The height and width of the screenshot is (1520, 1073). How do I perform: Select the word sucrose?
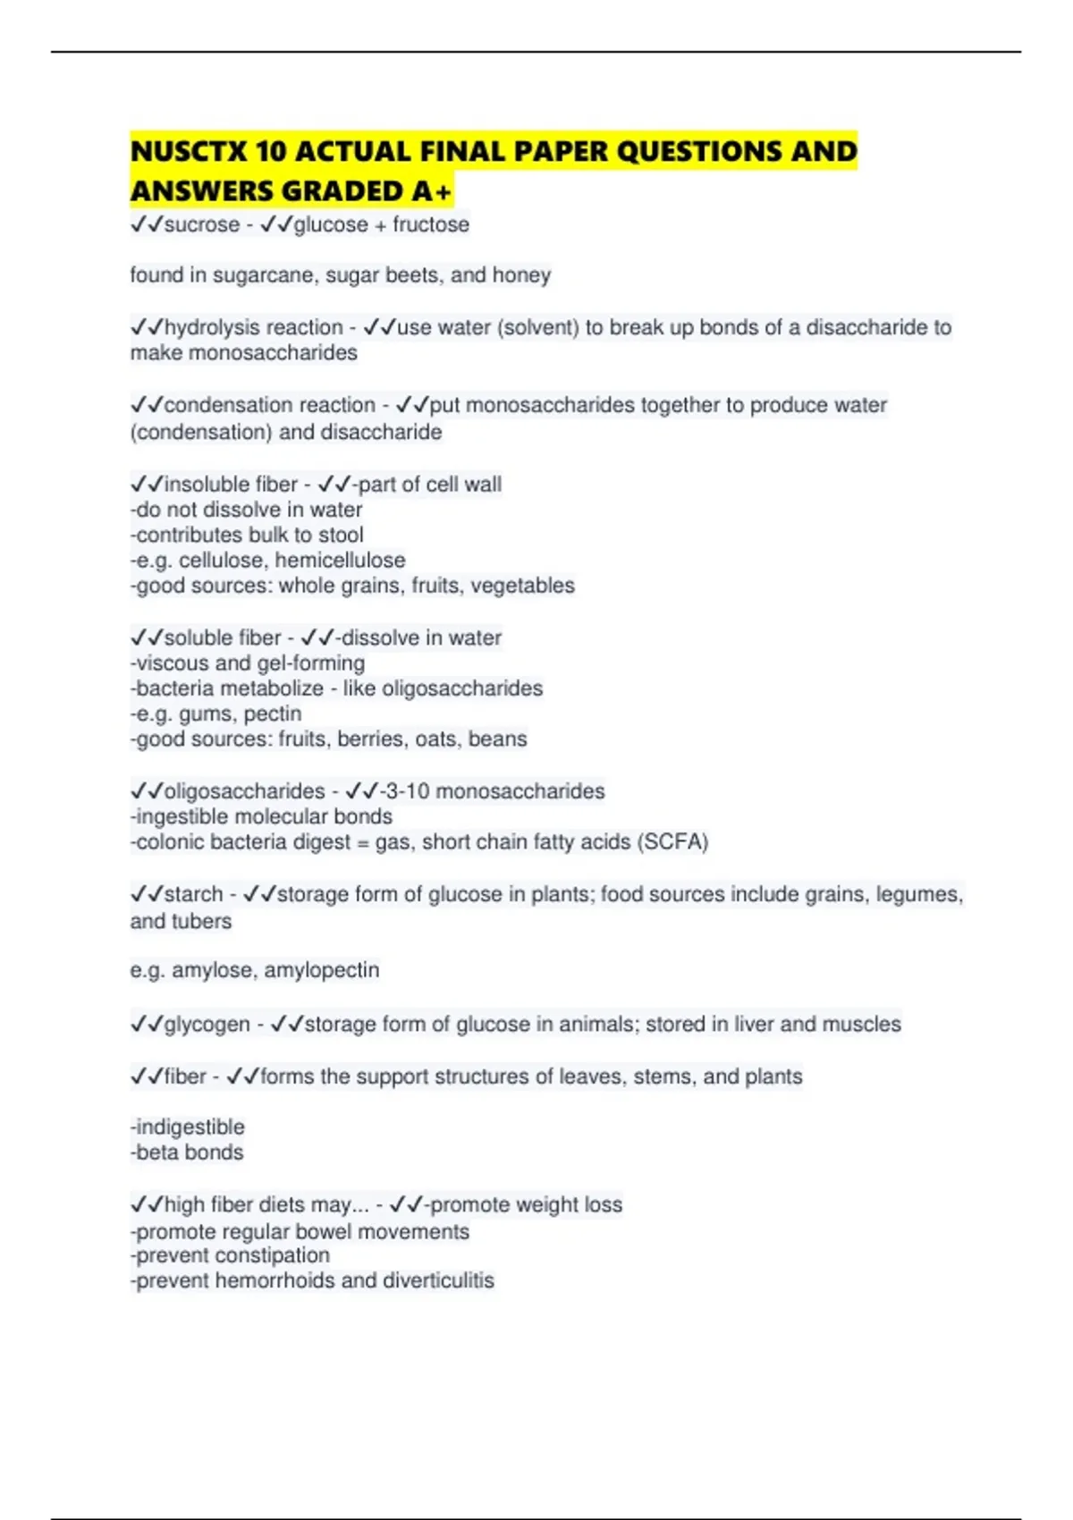(x=202, y=224)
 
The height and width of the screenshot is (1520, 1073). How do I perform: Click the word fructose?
(x=431, y=224)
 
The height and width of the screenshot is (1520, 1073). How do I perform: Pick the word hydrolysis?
(x=209, y=327)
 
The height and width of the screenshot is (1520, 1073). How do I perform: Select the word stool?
(x=341, y=536)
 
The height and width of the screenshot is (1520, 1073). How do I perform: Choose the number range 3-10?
(x=405, y=791)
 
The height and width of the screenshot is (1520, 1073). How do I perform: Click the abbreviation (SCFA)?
(x=672, y=842)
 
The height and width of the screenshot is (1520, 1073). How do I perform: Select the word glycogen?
(x=207, y=1024)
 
